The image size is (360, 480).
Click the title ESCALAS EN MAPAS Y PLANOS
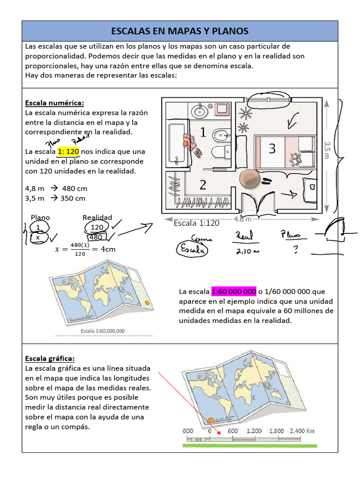click(180, 31)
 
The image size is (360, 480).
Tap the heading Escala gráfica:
click(50, 359)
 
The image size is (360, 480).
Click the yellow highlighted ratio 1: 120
click(68, 152)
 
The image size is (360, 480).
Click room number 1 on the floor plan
click(203, 133)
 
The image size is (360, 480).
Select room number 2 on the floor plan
click(202, 185)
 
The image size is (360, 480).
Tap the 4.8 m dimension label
click(242, 219)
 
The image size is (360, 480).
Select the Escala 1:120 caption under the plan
click(196, 223)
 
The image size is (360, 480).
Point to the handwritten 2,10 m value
click(245, 251)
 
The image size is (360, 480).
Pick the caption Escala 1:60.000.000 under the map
click(103, 331)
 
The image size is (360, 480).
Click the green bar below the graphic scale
click(249, 446)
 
